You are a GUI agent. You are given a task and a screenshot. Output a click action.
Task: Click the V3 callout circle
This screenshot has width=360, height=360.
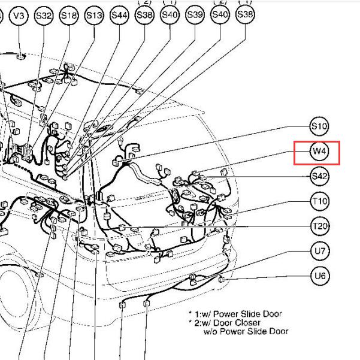click(19, 16)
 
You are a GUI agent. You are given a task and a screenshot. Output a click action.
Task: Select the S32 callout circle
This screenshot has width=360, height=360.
click(44, 16)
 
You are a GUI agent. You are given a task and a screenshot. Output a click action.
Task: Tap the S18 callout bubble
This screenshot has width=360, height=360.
click(69, 16)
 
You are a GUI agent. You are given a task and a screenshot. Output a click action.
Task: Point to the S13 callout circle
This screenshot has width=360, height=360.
click(94, 15)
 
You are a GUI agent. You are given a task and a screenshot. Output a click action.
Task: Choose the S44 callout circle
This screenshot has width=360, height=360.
click(119, 15)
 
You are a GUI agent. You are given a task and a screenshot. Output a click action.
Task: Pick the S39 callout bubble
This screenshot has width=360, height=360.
click(195, 15)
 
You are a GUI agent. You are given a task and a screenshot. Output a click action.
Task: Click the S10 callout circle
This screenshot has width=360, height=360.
click(319, 126)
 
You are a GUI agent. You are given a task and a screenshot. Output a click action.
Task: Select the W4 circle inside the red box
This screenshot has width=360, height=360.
click(319, 151)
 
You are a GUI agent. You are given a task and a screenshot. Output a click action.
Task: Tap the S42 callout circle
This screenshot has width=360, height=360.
click(320, 176)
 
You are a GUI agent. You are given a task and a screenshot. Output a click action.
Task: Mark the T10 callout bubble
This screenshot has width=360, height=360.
click(320, 201)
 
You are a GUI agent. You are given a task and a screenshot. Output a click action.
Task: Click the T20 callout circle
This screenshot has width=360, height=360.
click(320, 226)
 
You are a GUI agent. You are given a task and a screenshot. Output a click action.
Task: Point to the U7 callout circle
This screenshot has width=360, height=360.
click(320, 251)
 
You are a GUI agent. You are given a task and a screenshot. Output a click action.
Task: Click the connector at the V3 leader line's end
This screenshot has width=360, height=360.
click(21, 56)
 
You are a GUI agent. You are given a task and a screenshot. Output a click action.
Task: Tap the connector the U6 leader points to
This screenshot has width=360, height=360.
click(221, 279)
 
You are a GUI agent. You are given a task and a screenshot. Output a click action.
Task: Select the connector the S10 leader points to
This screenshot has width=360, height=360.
click(116, 162)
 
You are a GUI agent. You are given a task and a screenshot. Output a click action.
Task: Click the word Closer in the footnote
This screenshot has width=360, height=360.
click(248, 323)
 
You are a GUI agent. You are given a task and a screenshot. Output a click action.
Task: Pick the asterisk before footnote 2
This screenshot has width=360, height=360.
click(190, 321)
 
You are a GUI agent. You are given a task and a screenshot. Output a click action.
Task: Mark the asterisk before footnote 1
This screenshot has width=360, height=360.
click(190, 312)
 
